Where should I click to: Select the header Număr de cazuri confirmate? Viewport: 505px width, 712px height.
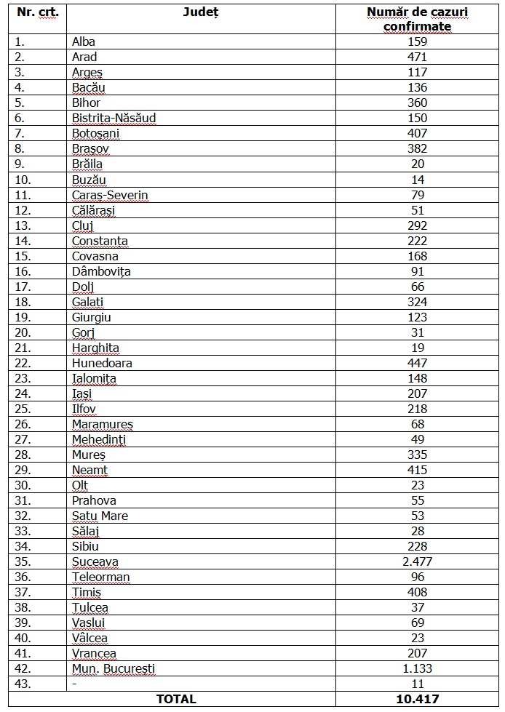(x=418, y=19)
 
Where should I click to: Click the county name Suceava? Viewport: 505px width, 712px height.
(x=95, y=561)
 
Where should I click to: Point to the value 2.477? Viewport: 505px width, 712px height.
(x=418, y=561)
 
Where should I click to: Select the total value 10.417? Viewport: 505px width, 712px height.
(x=418, y=699)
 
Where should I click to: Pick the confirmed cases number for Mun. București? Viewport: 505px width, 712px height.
(x=418, y=668)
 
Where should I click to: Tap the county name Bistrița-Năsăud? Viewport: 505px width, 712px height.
(x=114, y=118)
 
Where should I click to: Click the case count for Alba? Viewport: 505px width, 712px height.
(x=418, y=41)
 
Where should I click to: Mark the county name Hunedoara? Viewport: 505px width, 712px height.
(x=102, y=363)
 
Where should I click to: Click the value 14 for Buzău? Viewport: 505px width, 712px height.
(x=418, y=180)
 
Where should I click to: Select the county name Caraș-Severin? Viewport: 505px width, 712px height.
(x=110, y=195)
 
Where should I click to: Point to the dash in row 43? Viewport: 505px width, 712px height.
(x=74, y=684)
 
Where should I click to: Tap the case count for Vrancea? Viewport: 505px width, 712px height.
(x=418, y=653)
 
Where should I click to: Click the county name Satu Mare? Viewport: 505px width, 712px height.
(x=100, y=516)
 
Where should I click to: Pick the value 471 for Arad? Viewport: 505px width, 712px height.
(x=418, y=57)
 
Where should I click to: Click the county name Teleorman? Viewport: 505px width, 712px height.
(x=100, y=577)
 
